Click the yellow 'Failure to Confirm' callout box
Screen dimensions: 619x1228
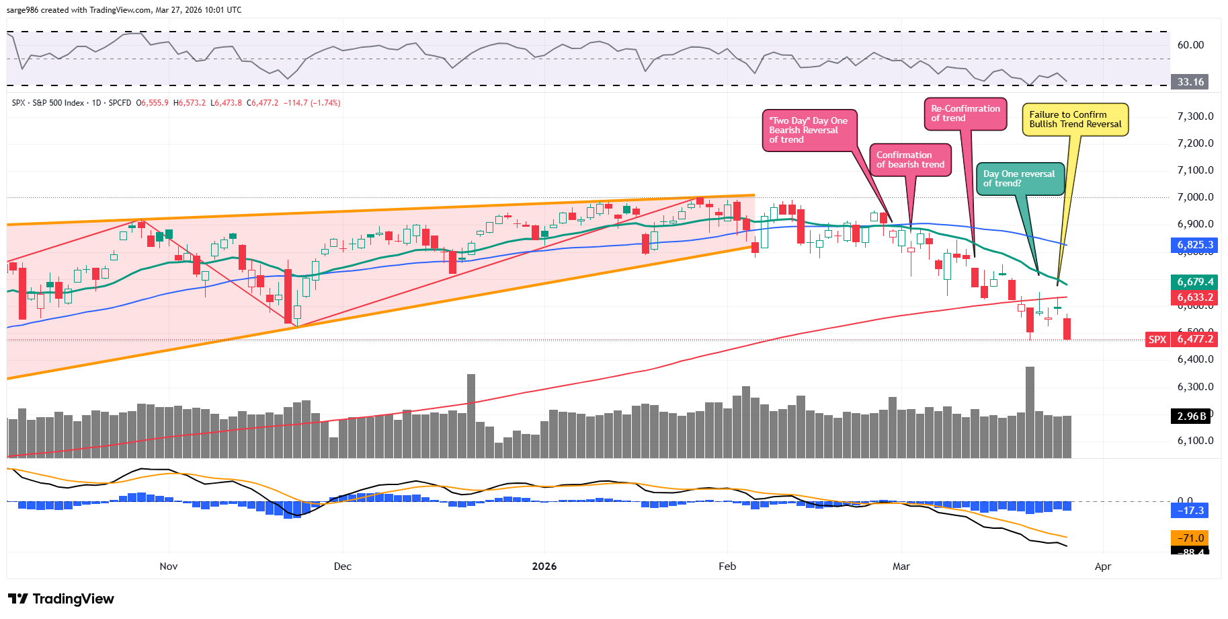point(1075,120)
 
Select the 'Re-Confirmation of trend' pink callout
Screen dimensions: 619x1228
point(965,114)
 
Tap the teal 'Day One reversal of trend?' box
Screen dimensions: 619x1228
point(1019,179)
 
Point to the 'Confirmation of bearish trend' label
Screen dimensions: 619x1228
point(910,160)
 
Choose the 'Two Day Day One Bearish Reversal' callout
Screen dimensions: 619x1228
point(809,130)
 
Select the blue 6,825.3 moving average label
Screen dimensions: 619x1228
point(1195,246)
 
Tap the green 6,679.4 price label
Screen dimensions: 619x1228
point(1195,282)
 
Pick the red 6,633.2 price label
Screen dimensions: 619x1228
point(1195,297)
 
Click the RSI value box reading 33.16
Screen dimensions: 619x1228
point(1190,82)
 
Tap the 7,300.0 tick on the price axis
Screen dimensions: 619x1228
point(1195,116)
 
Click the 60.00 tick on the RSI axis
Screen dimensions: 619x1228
point(1190,45)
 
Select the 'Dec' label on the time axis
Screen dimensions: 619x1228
point(343,567)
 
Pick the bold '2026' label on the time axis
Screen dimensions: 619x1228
point(544,567)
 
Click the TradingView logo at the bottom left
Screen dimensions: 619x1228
point(61,599)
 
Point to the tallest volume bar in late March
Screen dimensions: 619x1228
point(1030,412)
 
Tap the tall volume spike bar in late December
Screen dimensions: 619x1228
point(471,416)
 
